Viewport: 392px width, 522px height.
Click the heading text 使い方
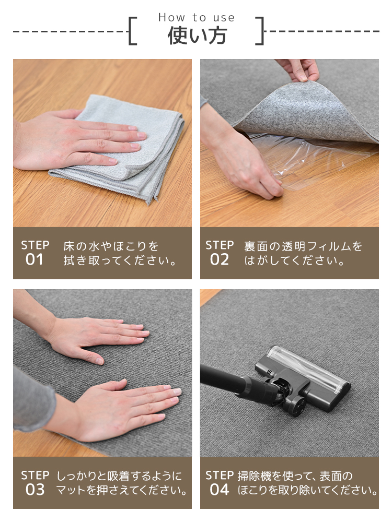pyautogui.click(x=198, y=35)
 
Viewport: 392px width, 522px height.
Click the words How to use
pyautogui.click(x=197, y=17)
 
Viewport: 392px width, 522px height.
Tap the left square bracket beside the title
pyautogui.click(x=132, y=31)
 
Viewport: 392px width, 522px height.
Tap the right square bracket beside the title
pyautogui.click(x=260, y=31)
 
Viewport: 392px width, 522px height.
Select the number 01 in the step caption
pyautogui.click(x=34, y=259)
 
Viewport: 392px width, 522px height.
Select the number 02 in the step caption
pyautogui.click(x=219, y=259)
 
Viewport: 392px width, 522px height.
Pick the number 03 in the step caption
pyautogui.click(x=34, y=490)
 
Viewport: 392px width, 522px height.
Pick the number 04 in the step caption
pyautogui.click(x=220, y=490)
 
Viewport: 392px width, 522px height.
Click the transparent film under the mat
pyautogui.click(x=310, y=160)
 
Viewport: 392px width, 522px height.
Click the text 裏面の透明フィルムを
pyautogui.click(x=303, y=246)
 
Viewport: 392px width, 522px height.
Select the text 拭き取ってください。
pyautogui.click(x=120, y=260)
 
